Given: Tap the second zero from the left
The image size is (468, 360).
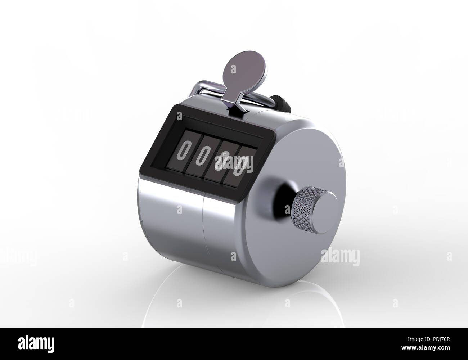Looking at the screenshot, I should [202, 156].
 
